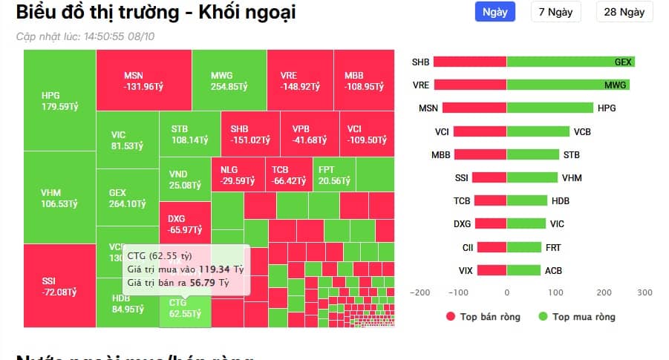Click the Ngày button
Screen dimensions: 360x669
coord(495,12)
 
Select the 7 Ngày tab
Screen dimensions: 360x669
coord(555,12)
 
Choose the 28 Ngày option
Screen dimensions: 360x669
coord(624,12)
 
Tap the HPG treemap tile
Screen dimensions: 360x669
coord(59,100)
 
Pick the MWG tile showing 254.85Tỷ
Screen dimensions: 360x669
coord(229,80)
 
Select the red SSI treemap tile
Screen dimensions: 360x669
coord(59,286)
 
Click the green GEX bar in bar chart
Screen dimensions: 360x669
coord(570,62)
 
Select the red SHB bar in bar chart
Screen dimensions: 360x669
coord(470,62)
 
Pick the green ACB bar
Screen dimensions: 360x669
coord(523,270)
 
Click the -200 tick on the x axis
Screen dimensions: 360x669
coord(420,292)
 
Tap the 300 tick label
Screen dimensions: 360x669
coord(644,292)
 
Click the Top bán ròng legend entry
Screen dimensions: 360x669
coord(483,317)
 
